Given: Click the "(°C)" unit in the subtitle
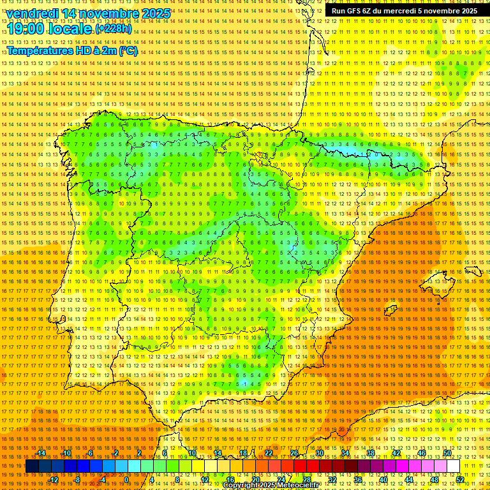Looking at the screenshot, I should coord(127,50).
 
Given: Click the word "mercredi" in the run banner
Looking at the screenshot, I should coord(419,11).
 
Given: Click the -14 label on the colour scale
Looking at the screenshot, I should coord(41,453).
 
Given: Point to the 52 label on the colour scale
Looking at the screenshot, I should coord(460,479).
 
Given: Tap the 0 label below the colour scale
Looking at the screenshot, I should coord(127,479).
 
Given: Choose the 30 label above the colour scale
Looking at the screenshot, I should coord(320,453).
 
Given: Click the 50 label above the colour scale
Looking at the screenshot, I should coord(447,453).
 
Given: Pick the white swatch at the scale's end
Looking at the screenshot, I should coord(454,466).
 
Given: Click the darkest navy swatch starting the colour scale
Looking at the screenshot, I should coord(31,466).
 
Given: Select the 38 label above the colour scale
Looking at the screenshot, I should coord(371,453).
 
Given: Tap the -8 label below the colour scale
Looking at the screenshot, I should coord(78,479).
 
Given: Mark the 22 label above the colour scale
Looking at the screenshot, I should coord(269,453).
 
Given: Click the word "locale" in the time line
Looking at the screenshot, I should coord(70,29).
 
